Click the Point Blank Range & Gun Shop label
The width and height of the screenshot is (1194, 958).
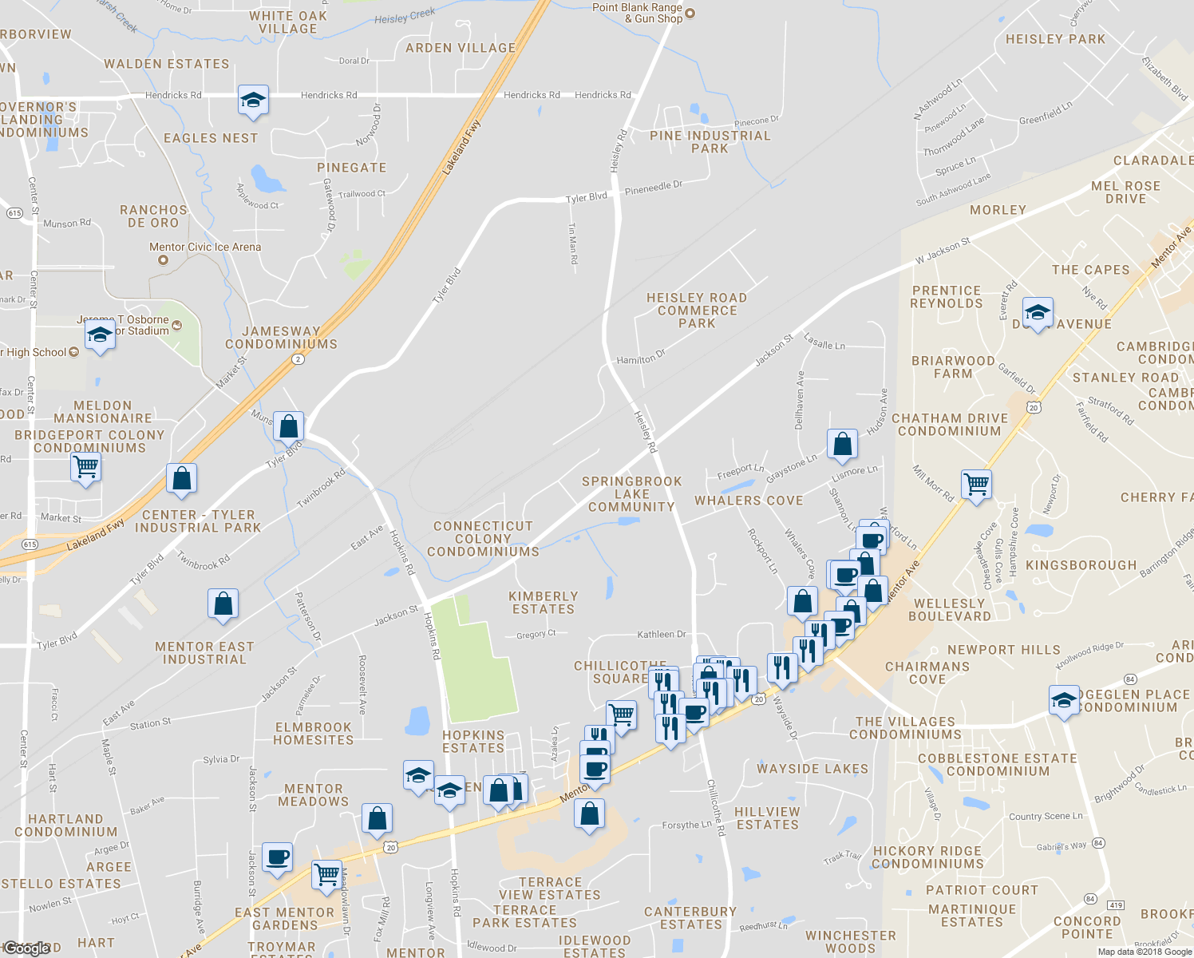click(x=637, y=13)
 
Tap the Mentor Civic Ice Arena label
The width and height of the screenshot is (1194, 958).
click(x=205, y=247)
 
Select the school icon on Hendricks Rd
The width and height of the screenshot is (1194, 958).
click(x=253, y=101)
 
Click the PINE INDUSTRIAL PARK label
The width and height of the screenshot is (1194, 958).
click(x=710, y=141)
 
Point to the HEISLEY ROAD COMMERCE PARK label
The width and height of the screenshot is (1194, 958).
click(x=697, y=310)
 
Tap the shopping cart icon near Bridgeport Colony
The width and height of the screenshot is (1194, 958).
click(x=85, y=465)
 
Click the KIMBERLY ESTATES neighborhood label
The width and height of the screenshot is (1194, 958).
click(x=544, y=602)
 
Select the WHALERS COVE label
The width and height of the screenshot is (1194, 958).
click(x=749, y=501)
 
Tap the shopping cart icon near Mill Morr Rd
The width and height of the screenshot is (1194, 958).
click(x=977, y=484)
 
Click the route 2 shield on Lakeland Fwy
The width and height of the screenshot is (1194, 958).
click(x=298, y=359)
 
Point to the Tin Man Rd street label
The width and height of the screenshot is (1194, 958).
click(x=572, y=243)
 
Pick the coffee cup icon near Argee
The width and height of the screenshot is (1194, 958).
click(x=277, y=858)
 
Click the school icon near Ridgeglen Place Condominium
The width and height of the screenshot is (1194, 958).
click(x=1064, y=701)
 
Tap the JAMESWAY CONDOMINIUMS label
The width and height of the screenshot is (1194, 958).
click(x=281, y=338)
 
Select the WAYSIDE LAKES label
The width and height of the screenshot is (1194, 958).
click(x=812, y=769)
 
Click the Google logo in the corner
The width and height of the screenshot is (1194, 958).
click(x=26, y=948)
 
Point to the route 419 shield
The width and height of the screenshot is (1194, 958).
click(x=1116, y=905)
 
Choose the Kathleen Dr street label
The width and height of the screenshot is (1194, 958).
click(x=661, y=635)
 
